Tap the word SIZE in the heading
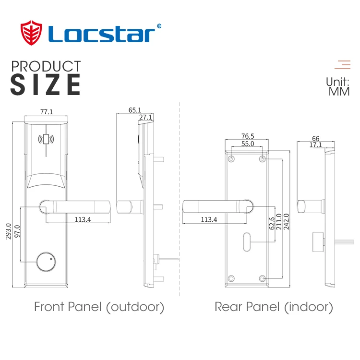pos(46,84)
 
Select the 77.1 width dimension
pos(47,112)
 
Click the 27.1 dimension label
pos(145,117)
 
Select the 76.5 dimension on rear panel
pos(247,136)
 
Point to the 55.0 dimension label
pos(247,144)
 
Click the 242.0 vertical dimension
pos(287,222)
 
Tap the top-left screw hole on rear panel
pos(231,159)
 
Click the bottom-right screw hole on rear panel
pos(262,278)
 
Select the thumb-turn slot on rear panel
pos(247,241)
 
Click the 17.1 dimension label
pos(316,144)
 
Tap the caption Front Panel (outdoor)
pos(99,307)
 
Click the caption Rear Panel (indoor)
pos(273,307)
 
